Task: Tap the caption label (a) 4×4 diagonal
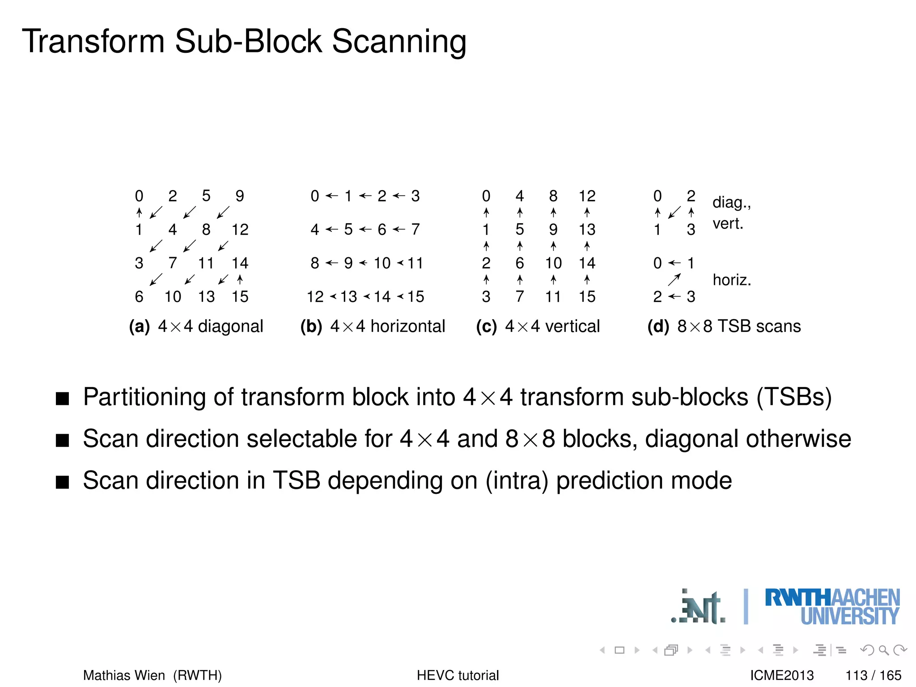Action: click(196, 327)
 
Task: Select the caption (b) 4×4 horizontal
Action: click(373, 327)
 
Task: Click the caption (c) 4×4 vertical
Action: click(538, 327)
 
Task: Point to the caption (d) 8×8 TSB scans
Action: click(724, 327)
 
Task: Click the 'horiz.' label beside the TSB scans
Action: click(732, 280)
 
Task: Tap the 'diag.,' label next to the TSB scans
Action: click(731, 203)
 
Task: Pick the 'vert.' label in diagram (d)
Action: click(728, 224)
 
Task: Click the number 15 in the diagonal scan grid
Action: click(240, 297)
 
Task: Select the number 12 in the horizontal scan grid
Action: click(315, 297)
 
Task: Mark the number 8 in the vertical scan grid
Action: click(553, 196)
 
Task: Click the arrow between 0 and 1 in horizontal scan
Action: click(331, 196)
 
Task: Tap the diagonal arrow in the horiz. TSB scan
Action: click(674, 280)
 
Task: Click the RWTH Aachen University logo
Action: click(832, 606)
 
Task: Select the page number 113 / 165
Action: click(873, 675)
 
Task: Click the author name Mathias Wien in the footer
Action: click(124, 675)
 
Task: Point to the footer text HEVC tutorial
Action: click(458, 675)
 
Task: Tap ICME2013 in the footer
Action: click(782, 675)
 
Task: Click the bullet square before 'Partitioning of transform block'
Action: click(63, 399)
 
